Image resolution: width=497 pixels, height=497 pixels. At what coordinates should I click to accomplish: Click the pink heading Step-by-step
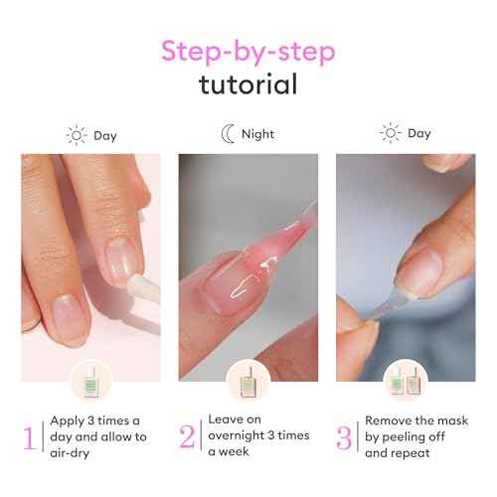coord(248,50)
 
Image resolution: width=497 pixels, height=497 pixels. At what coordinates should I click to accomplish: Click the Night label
coord(257,134)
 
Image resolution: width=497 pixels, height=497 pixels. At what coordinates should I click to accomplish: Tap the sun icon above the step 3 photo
coord(391,133)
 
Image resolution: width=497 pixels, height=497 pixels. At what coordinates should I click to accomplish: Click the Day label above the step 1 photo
coord(106,134)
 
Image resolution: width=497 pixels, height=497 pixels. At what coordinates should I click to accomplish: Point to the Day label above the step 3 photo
coord(420,133)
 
